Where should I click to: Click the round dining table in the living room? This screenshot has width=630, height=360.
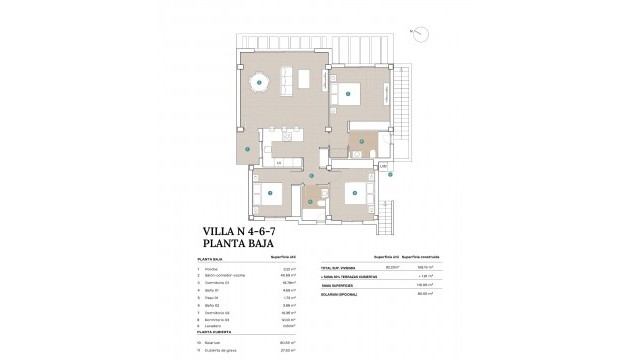tap(262, 84)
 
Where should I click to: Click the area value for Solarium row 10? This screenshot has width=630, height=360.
tap(293, 342)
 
